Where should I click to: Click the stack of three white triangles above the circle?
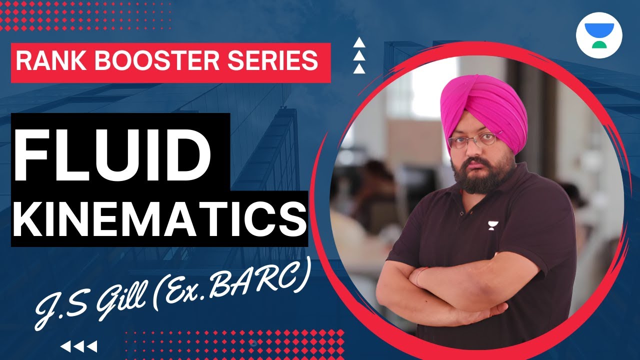[358, 56]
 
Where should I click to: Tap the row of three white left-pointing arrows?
[78, 346]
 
